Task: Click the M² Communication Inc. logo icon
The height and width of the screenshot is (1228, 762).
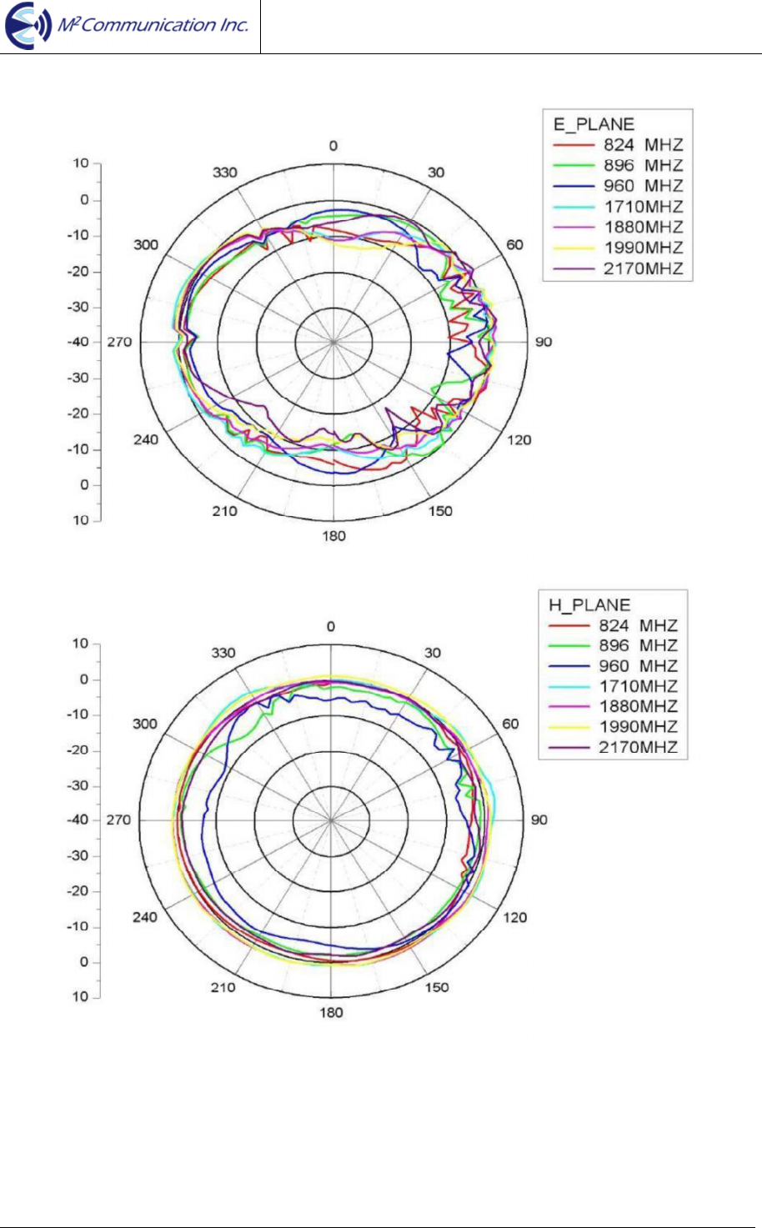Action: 28,26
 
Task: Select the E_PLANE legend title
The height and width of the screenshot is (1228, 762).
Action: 594,124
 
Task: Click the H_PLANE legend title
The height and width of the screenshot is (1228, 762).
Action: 589,604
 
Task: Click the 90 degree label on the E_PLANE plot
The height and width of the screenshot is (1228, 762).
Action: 544,342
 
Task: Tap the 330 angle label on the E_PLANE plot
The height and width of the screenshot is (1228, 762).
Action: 225,173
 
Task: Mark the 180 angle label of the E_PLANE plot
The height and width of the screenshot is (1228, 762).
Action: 333,536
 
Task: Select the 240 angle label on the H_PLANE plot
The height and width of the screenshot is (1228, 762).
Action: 145,917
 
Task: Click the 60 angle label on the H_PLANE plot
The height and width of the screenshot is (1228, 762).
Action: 511,724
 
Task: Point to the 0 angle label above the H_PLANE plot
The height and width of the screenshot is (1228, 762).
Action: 331,627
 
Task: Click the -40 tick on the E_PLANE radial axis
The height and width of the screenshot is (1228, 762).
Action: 78,342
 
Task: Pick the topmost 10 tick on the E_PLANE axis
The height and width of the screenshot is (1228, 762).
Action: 80,163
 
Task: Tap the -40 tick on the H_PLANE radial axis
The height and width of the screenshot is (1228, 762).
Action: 78,820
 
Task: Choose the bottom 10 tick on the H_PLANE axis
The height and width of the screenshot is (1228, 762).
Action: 80,996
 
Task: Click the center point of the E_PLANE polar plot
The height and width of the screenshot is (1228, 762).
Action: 333,342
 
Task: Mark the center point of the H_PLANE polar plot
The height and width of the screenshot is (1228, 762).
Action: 331,820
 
